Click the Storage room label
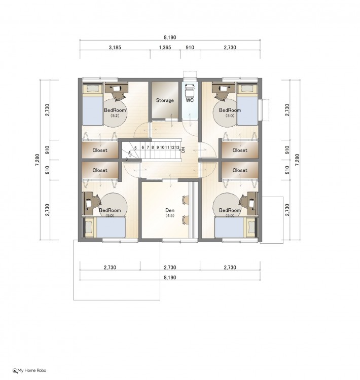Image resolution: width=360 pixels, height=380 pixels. [165, 100]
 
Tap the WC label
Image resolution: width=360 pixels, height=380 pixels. [190, 100]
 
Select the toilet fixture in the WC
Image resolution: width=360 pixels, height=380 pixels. [190, 90]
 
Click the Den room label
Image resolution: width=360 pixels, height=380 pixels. [170, 210]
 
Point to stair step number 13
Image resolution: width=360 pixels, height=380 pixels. [177, 147]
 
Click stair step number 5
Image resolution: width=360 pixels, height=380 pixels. [135, 148]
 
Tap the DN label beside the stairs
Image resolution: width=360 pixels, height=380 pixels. [183, 150]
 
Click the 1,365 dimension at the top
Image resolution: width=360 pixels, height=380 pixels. [165, 47]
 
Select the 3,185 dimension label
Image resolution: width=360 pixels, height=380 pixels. [115, 47]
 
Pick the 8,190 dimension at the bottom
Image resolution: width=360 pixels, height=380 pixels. [170, 277]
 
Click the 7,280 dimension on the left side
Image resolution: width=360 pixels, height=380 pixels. [37, 160]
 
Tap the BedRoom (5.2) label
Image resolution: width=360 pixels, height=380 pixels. [115, 112]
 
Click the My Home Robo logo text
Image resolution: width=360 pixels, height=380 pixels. [32, 370]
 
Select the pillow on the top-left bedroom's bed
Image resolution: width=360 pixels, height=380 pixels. [92, 89]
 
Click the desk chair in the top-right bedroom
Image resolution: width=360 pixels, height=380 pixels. [221, 95]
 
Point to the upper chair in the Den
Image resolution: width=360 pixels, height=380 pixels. [186, 200]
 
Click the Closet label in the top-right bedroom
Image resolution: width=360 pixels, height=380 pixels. [240, 150]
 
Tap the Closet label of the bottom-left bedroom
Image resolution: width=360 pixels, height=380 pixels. [100, 170]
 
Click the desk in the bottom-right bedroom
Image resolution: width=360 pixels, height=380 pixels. [253, 203]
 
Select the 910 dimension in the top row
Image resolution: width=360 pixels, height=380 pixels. [190, 47]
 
